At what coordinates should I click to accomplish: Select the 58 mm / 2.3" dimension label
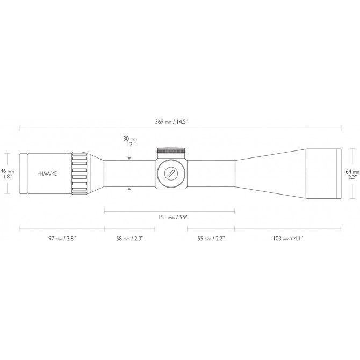(129, 238)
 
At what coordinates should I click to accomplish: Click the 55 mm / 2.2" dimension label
(210, 238)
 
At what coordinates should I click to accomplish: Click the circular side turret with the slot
(171, 174)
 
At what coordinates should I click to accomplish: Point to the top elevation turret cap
(171, 151)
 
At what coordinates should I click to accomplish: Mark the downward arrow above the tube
(129, 157)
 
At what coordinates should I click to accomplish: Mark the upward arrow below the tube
(129, 189)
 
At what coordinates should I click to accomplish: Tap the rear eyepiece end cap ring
(23, 174)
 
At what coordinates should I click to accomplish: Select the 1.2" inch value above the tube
(129, 145)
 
